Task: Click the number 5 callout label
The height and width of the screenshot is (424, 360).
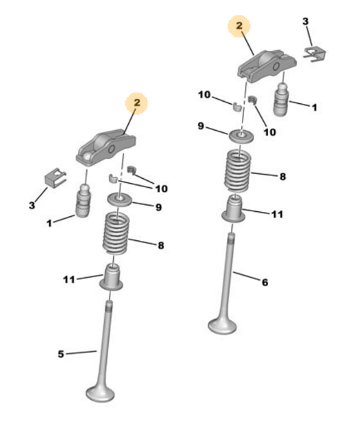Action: pyautogui.click(x=61, y=353)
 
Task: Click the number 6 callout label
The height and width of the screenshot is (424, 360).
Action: pyautogui.click(x=265, y=283)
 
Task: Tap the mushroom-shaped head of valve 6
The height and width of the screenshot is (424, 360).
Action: pyautogui.click(x=222, y=325)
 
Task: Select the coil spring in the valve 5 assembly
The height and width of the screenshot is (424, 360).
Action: pyautogui.click(x=117, y=236)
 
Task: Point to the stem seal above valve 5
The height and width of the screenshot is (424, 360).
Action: pyautogui.click(x=112, y=277)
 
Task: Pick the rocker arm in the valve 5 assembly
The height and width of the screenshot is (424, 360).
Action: pyautogui.click(x=103, y=145)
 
